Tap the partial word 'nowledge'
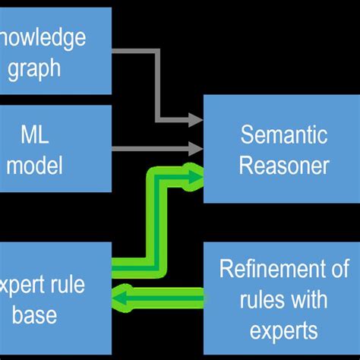[x=43, y=38]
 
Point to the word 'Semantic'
[x=283, y=136]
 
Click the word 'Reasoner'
[x=283, y=165]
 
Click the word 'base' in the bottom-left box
[x=35, y=314]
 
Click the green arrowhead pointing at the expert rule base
[x=120, y=297]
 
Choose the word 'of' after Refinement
[x=340, y=269]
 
